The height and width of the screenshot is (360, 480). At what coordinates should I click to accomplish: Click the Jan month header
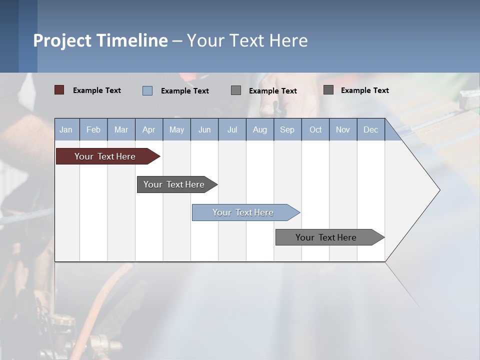point(66,129)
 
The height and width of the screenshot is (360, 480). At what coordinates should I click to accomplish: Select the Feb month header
point(93,129)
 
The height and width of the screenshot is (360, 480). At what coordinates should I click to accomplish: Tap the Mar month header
point(121,129)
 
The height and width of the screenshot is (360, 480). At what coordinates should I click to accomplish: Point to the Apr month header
point(149,129)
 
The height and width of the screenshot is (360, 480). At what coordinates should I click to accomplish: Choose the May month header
point(176,129)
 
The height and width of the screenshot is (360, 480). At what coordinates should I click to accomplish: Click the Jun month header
point(204,129)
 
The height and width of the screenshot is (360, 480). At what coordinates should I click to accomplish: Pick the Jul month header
point(232,129)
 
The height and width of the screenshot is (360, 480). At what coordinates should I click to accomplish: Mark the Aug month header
point(260,129)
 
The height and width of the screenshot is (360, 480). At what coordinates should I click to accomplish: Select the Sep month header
point(287,129)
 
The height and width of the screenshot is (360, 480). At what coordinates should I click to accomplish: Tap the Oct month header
point(315,129)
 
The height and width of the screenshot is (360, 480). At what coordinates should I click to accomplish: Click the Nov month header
point(343,129)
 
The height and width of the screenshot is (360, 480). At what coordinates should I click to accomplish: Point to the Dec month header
point(371,129)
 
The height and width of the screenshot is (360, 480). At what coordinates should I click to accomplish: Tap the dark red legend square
point(59,90)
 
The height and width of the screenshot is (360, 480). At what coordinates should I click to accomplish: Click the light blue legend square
point(147,90)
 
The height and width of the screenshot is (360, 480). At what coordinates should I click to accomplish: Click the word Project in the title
point(62,40)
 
